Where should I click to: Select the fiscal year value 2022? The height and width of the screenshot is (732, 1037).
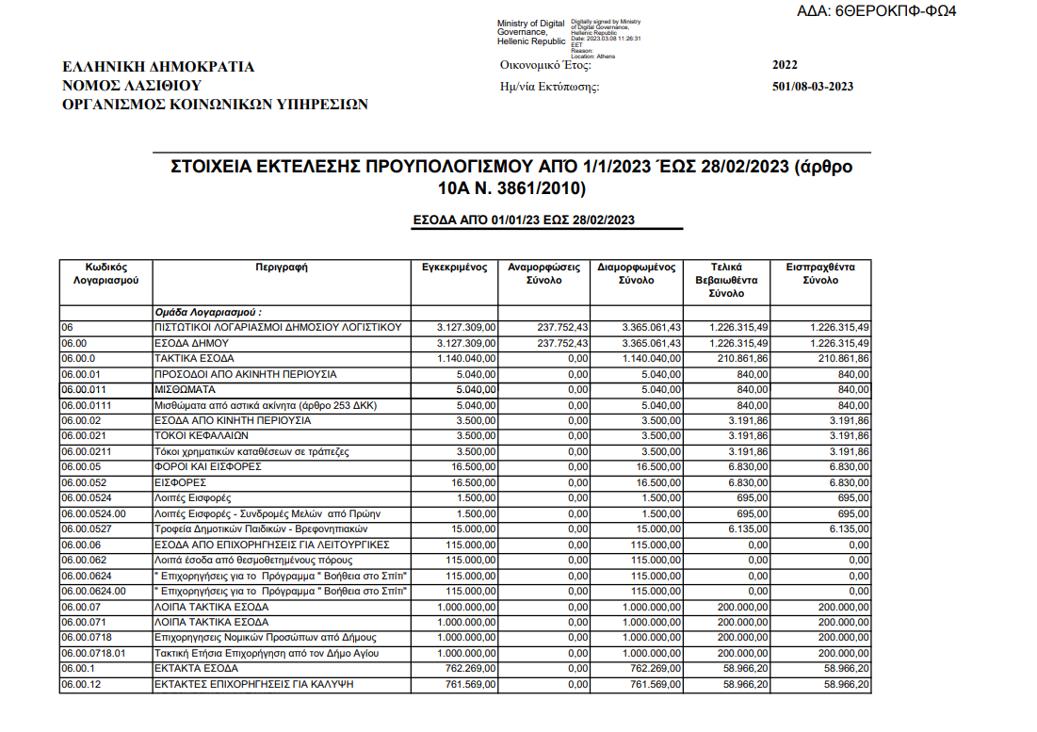coord(784,65)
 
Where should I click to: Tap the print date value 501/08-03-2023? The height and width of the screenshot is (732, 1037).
coord(812,88)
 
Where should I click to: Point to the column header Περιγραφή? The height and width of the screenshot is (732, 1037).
coord(282,268)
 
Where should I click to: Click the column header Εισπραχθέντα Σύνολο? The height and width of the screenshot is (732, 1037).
coord(820,273)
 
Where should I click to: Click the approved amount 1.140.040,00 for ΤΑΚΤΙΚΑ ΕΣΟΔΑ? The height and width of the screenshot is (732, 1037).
coord(467,359)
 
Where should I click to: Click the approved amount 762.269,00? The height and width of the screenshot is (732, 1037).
coord(471,668)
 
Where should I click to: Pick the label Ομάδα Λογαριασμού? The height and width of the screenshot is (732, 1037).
coord(207,312)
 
